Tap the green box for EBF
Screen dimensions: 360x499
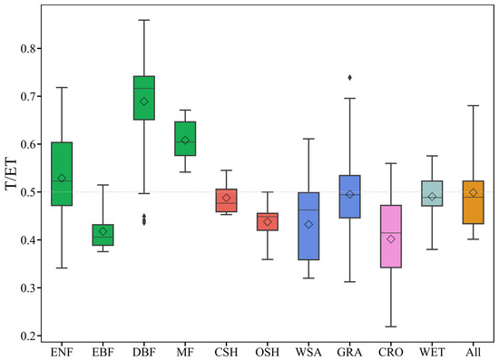pyautogui.click(x=103, y=235)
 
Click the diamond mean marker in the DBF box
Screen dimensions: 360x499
pyautogui.click(x=143, y=102)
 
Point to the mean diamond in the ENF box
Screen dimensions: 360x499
pyautogui.click(x=62, y=178)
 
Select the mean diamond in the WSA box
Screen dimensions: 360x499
pyautogui.click(x=308, y=224)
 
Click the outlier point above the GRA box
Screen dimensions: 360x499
pyautogui.click(x=349, y=77)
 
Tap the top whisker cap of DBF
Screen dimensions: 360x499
pyautogui.click(x=143, y=20)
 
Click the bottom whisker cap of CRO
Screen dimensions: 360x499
pyautogui.click(x=390, y=326)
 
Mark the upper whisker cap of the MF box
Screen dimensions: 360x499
pyautogui.click(x=185, y=110)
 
